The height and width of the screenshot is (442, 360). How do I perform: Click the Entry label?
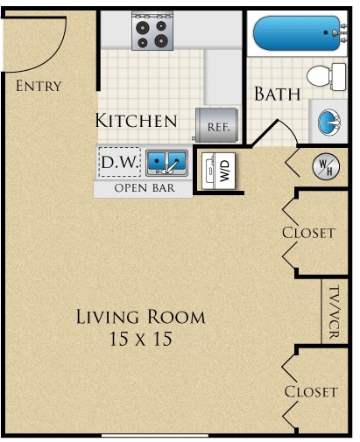coord(39,86)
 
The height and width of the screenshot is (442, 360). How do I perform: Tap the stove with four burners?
coord(152,32)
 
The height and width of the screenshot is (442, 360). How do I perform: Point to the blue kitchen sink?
coord(166,162)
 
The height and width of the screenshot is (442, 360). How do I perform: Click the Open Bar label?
coord(145,188)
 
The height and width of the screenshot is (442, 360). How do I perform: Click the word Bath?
coord(278,94)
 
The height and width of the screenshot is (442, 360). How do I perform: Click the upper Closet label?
coord(308,233)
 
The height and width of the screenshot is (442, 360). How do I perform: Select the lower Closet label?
coord(310,391)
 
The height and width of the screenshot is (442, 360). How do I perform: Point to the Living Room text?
coord(140,317)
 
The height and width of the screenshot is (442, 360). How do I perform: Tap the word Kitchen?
coord(137,121)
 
